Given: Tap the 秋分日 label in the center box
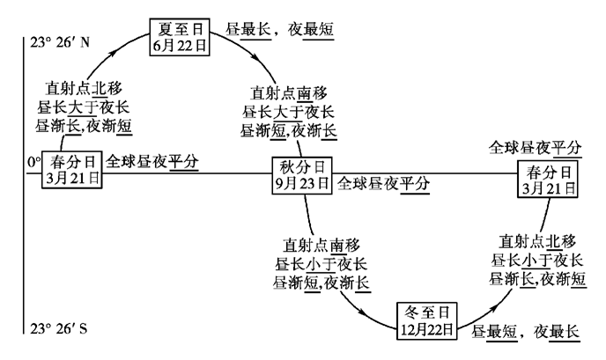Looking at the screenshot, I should coord(303,165).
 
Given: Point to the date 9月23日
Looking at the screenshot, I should coord(303,183).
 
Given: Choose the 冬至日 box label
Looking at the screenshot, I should coord(426,312).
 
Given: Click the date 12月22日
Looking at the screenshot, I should coord(426,329).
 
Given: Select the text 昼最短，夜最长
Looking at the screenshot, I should coord(525,332).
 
